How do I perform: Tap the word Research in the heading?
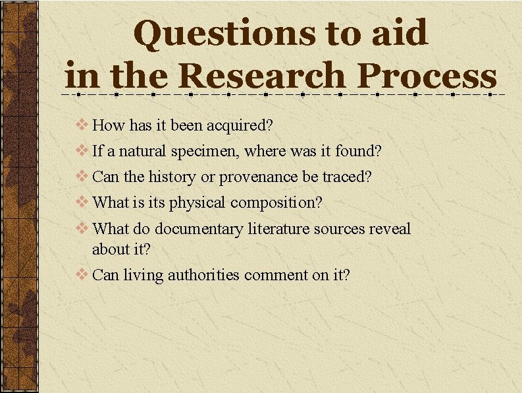pyautogui.click(x=262, y=76)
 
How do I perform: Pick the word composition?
pyautogui.click(x=276, y=203)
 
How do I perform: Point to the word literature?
pyautogui.click(x=279, y=229)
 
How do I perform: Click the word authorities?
pyautogui.click(x=203, y=274)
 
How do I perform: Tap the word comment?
pyautogui.click(x=276, y=275)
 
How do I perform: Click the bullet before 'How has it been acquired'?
pyautogui.click(x=84, y=125)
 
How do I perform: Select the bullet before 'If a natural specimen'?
pyautogui.click(x=84, y=151)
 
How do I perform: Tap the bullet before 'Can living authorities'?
pyautogui.click(x=84, y=274)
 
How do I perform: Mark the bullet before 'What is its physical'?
pyautogui.click(x=84, y=202)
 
